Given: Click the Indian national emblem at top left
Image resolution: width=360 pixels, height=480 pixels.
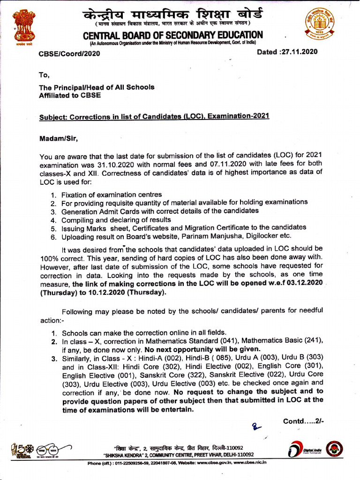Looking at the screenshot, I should [x=24, y=27].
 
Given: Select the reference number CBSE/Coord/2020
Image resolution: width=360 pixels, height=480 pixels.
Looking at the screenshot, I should [x=69, y=53].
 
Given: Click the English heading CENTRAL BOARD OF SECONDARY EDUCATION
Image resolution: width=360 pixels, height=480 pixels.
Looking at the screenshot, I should [x=172, y=36].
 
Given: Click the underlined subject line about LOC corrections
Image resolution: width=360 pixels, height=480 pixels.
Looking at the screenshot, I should [x=154, y=117].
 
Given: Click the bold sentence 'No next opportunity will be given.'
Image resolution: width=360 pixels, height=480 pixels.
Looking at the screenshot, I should [x=202, y=349].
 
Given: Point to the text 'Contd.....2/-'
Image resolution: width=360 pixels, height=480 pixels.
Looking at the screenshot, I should [x=303, y=421].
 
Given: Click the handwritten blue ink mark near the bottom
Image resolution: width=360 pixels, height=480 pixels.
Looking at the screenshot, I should [x=257, y=426].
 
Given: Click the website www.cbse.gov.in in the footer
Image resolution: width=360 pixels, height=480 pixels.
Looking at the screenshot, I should [x=210, y=462].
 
